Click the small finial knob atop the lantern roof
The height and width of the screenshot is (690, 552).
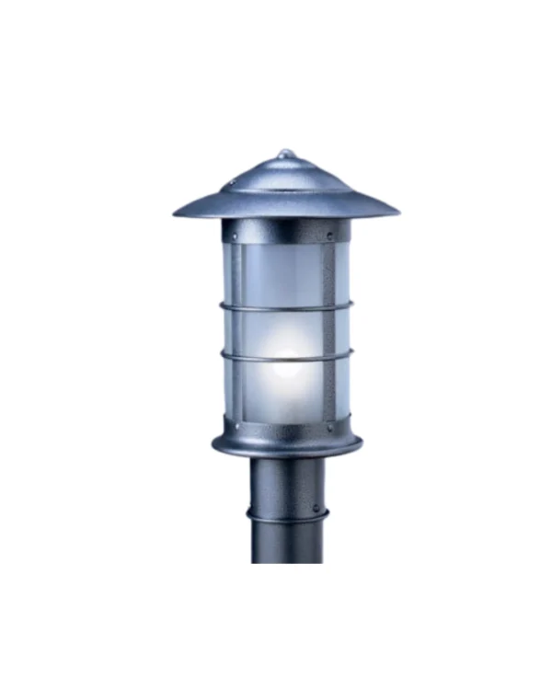point(285,154)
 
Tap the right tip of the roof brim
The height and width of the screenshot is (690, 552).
point(397,212)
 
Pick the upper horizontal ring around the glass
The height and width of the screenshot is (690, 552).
point(285,307)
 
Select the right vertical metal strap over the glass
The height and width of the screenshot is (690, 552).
point(328,331)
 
